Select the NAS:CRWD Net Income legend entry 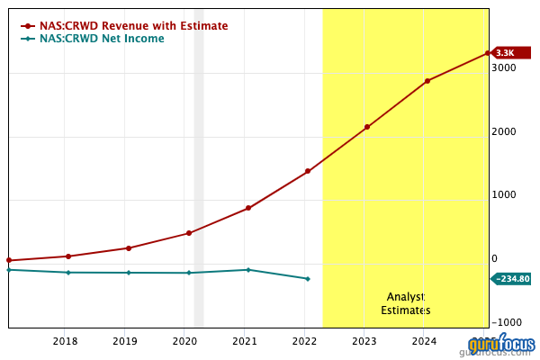tap(102, 39)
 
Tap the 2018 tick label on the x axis tap(65, 341)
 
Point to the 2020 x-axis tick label tap(184, 341)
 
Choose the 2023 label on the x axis tap(364, 341)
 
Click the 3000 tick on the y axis tap(504, 67)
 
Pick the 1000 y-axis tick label tap(504, 195)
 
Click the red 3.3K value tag tap(505, 53)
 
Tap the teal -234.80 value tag tap(512, 279)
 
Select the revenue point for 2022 tap(308, 171)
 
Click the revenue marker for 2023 tap(367, 127)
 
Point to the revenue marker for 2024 tap(427, 81)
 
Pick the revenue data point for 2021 tap(248, 208)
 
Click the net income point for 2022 tap(308, 279)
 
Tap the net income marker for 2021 tap(248, 270)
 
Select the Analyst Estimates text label tap(405, 303)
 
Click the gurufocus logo tap(500, 346)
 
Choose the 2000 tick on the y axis tap(504, 131)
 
